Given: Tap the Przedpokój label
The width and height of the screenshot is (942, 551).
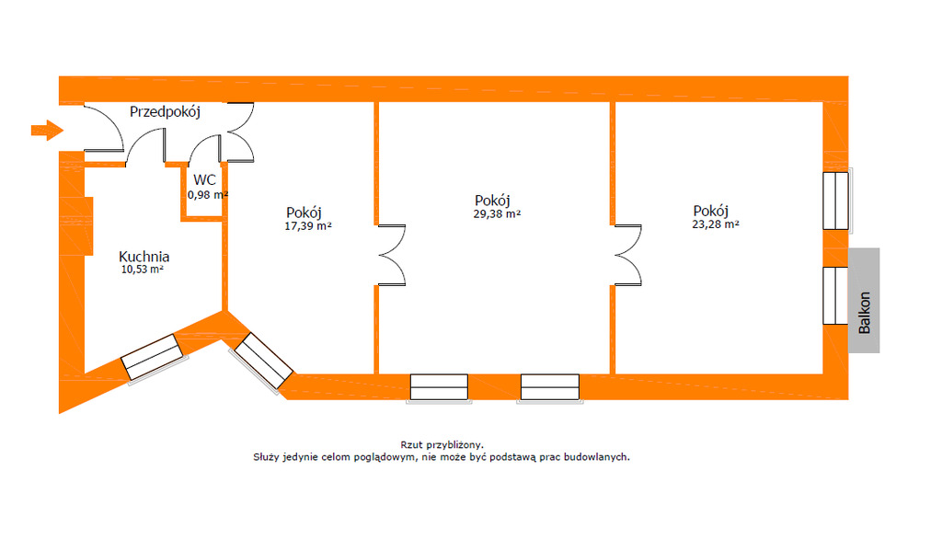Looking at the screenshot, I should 165,112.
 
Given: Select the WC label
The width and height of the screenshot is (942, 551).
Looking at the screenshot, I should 204,179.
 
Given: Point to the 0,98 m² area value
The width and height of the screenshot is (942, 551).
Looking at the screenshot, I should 207,195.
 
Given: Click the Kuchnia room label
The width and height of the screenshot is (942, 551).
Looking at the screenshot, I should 144,257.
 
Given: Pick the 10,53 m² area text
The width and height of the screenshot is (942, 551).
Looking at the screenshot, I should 143,270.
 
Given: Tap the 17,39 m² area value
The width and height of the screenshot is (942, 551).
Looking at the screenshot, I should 309,225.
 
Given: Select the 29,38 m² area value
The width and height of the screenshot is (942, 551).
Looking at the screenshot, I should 498,213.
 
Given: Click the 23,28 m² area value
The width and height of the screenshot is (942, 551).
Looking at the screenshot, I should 716,224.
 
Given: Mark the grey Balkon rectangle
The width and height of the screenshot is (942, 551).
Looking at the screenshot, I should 864,300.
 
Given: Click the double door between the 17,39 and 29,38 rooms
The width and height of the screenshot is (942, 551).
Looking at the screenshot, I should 390,254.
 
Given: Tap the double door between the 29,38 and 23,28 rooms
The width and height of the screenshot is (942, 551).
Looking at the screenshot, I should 628,254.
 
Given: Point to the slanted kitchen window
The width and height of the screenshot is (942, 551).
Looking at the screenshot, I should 153,358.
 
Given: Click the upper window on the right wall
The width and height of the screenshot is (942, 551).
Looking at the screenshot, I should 835,200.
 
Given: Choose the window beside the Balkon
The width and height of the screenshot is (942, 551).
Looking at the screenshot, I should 835,294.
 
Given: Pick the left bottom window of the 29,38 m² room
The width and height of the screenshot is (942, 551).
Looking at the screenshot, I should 440,387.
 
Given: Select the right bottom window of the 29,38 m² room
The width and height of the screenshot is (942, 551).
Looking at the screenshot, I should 549,387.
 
